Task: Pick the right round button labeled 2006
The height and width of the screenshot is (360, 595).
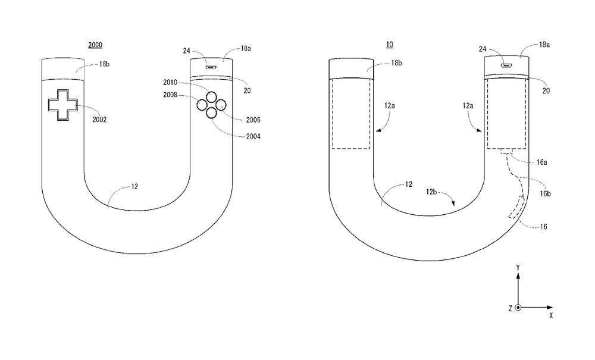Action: click(x=220, y=105)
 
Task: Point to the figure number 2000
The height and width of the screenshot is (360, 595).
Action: click(x=96, y=44)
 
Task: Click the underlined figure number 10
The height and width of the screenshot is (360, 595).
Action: click(x=389, y=44)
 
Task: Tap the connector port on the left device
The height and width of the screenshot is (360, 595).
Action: click(x=210, y=66)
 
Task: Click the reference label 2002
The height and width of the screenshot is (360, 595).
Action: click(x=99, y=120)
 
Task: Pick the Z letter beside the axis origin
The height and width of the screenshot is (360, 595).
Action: click(x=510, y=308)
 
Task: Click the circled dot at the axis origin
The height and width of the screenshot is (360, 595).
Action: click(x=518, y=308)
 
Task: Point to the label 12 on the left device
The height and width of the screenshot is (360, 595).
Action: click(x=135, y=187)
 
